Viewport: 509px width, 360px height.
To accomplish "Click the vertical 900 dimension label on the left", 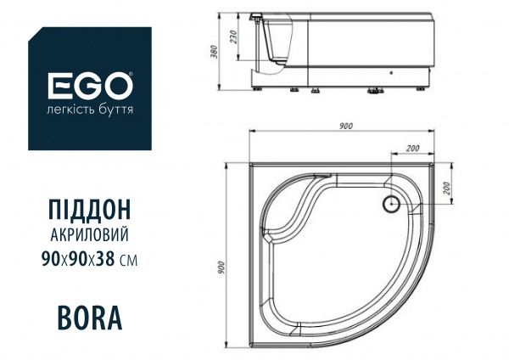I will pos(221,268).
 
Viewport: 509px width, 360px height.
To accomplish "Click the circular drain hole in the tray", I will pos(391,204).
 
